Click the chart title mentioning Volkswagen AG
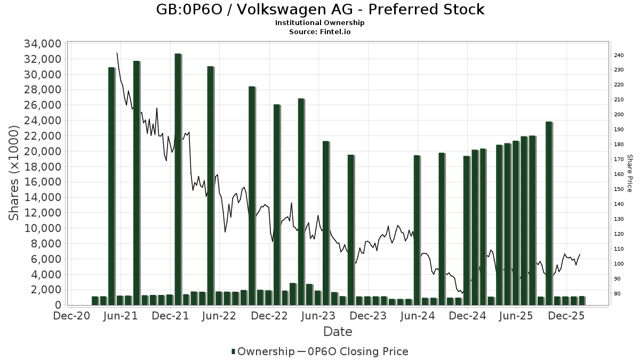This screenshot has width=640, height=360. click(320, 10)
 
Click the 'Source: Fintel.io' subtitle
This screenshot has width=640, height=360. click(320, 31)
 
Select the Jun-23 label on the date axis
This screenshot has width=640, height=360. click(318, 316)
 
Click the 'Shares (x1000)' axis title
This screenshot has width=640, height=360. click(14, 173)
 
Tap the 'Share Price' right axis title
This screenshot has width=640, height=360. click(629, 173)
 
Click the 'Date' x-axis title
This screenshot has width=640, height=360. click(338, 332)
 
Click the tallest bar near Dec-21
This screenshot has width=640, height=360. click(178, 179)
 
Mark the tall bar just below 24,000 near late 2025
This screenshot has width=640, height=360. click(548, 213)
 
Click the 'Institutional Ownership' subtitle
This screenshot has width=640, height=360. click(320, 23)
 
